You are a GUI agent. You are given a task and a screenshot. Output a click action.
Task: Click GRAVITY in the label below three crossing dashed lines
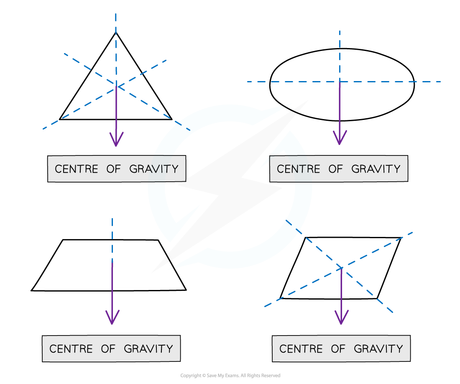pos(154,169)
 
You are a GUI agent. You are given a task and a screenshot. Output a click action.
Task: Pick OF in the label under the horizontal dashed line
pos(335,169)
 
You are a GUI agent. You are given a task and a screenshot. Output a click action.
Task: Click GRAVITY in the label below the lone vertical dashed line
pos(148,349)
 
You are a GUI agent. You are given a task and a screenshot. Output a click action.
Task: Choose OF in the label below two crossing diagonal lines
pos(338,349)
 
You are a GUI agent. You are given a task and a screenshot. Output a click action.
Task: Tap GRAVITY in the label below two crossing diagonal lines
pos(378,349)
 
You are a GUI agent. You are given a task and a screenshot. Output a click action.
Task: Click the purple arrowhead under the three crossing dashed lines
pos(116,140)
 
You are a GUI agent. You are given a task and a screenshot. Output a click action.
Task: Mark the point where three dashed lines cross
pos(116,86)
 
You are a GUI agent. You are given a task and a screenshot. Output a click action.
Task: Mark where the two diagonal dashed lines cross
pos(342,267)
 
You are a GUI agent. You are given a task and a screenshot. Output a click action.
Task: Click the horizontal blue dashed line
pos(397,81)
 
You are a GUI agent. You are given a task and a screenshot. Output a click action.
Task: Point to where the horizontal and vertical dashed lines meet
pos(340,81)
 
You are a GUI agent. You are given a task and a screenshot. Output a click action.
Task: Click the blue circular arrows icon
pos(230,186)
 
